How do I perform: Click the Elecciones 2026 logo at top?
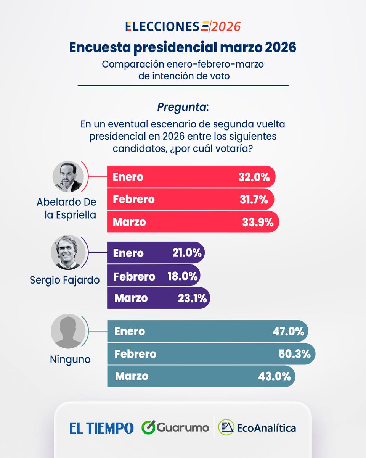coord(183,27)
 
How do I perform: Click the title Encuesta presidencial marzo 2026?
coord(183,47)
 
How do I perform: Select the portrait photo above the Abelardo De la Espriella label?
coord(68,176)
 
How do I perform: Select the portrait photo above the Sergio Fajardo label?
coord(67,252)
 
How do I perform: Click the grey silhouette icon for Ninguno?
coord(66,331)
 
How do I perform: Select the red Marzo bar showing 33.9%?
coord(193,222)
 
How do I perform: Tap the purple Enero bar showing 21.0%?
coord(156,253)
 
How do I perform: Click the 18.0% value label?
coord(182,276)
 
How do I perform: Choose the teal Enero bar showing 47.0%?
coord(207,331)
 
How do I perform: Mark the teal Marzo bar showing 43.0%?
coord(201,376)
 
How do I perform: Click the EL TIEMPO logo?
coord(101,428)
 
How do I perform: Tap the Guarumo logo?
coord(175,428)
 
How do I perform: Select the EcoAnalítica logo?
coord(257,428)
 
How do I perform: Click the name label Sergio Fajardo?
coord(64,280)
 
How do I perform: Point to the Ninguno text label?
coord(70,359)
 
